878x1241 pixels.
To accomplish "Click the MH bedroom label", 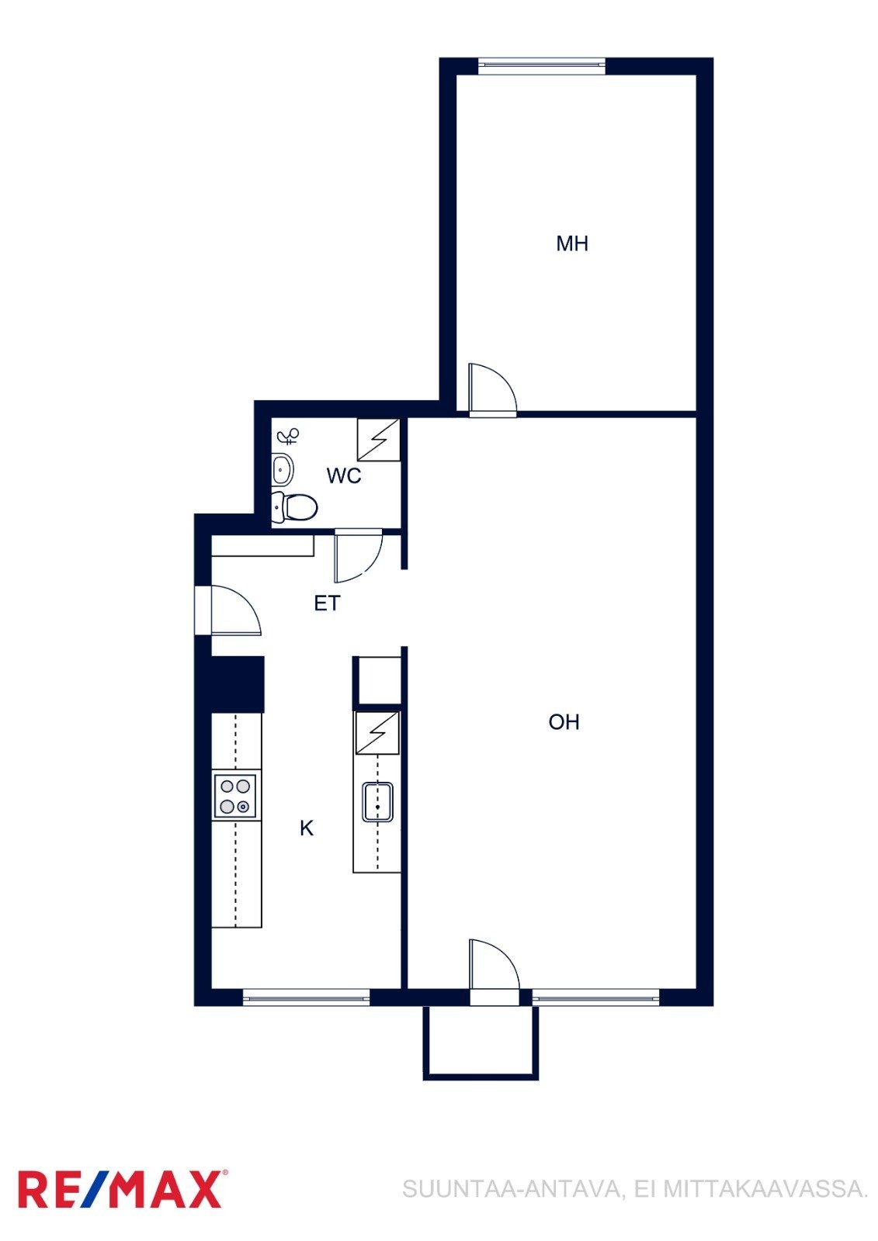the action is [x=572, y=244].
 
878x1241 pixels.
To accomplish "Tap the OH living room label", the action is [x=564, y=722].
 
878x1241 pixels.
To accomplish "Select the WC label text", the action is [x=343, y=475].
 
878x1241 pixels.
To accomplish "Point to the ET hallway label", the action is [x=327, y=603].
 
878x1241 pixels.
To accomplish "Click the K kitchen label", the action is [x=306, y=828].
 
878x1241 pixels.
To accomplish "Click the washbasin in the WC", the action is [x=283, y=471].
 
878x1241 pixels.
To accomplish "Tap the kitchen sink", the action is [x=377, y=802].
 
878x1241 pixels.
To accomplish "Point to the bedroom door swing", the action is [x=492, y=388].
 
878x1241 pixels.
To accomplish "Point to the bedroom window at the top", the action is [x=541, y=65].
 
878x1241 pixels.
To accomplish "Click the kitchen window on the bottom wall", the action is [x=306, y=997].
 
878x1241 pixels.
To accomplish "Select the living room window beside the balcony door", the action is [x=595, y=997].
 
